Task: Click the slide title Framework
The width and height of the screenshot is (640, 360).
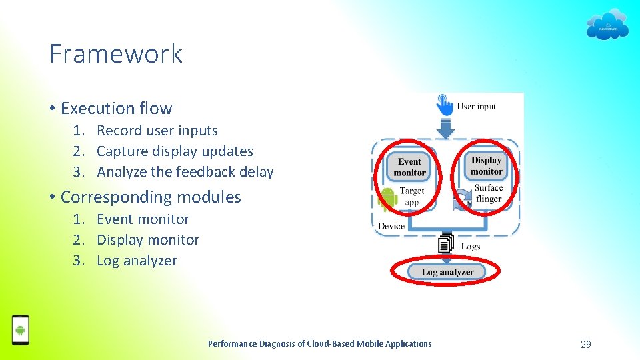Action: tap(116, 54)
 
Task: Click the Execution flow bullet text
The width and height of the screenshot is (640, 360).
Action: tap(116, 108)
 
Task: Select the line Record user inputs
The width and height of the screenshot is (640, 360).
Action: tap(157, 131)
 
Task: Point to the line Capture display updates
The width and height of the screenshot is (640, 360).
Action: tap(175, 151)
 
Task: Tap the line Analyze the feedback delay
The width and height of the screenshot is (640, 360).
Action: tap(185, 172)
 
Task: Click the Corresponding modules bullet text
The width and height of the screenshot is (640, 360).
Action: tap(151, 197)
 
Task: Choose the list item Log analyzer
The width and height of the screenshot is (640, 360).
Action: tap(137, 261)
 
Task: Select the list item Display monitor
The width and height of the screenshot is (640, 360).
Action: tap(148, 240)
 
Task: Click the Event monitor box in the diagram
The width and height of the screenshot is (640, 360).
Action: tap(409, 167)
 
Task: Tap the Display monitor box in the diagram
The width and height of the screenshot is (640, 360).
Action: tap(486, 166)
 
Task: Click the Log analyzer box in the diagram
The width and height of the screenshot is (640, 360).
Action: tap(447, 271)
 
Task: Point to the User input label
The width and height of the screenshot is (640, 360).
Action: tap(477, 106)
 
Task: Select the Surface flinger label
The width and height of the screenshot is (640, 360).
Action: tap(488, 193)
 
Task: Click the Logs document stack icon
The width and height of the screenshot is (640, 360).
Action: tap(445, 244)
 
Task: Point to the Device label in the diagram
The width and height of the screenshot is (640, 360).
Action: tap(391, 226)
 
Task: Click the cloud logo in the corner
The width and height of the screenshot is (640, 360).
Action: tap(607, 25)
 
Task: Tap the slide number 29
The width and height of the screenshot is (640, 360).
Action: tap(585, 344)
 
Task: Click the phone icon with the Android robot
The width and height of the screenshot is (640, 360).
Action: tap(21, 329)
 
